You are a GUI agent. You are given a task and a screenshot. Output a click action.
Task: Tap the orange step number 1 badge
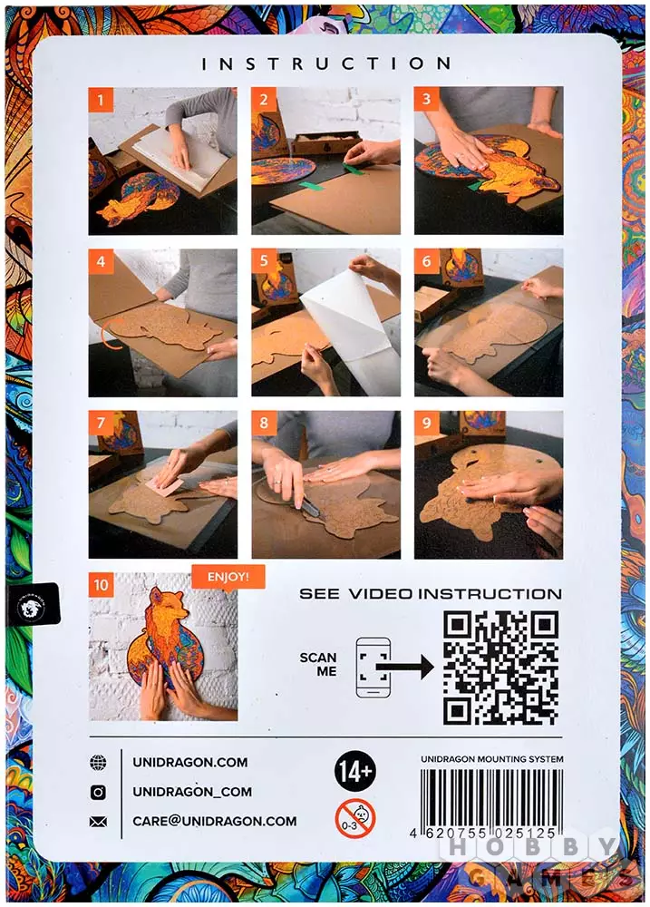coord(101,100)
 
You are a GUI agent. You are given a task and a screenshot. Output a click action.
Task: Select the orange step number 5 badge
coord(264,261)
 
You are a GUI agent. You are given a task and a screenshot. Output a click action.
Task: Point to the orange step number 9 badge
coord(427,424)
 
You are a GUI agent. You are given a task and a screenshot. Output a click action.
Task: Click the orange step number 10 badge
coord(102,585)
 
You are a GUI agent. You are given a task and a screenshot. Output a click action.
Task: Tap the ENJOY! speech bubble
coord(228,577)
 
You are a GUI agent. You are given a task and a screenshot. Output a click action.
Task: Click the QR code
coord(500,668)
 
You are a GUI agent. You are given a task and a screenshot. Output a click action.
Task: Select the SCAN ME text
coord(318,665)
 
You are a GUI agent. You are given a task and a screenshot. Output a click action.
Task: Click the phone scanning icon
coord(373,667)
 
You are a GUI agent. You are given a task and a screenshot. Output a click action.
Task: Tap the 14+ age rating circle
coord(354,770)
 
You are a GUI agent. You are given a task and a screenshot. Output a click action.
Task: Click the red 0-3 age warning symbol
coord(355,818)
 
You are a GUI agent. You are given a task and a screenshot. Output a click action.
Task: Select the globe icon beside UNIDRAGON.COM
coord(98,763)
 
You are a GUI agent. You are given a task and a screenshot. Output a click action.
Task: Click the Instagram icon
coord(98,792)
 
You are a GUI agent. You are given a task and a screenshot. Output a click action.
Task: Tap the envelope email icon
coord(98,822)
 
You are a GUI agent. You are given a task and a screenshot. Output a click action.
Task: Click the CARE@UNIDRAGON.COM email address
coord(215,822)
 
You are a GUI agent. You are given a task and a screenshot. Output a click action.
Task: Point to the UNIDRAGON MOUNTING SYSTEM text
coord(491,759)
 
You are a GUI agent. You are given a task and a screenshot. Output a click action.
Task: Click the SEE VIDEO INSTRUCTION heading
coord(431,594)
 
